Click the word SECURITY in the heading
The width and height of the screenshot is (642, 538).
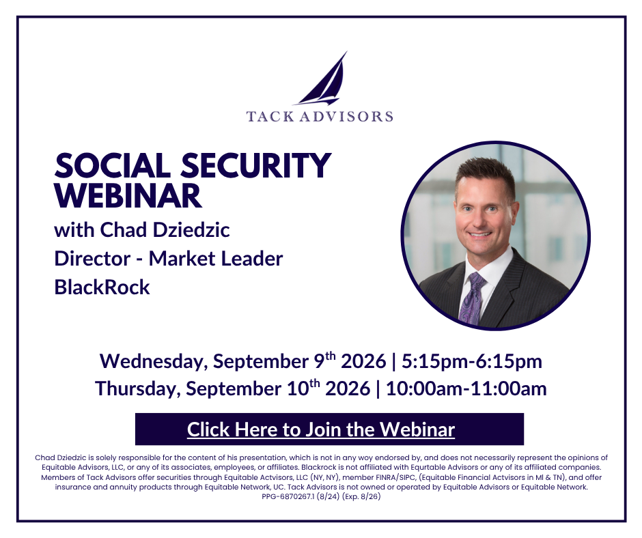click(256, 165)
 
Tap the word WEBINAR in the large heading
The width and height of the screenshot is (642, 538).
click(128, 196)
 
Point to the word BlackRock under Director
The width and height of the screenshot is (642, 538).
click(102, 287)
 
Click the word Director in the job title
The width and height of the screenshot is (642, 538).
click(92, 258)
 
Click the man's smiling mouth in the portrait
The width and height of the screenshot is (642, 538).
click(479, 235)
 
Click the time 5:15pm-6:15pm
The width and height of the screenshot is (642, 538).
click(472, 362)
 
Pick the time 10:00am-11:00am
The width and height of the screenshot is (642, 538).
click(466, 388)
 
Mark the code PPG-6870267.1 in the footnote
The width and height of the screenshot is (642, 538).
click(289, 496)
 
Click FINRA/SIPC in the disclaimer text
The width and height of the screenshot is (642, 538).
click(395, 477)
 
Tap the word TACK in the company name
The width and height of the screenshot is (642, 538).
click(270, 116)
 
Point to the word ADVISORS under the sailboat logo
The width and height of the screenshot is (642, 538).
click(346, 116)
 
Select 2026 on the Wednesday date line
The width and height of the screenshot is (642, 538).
click(363, 362)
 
